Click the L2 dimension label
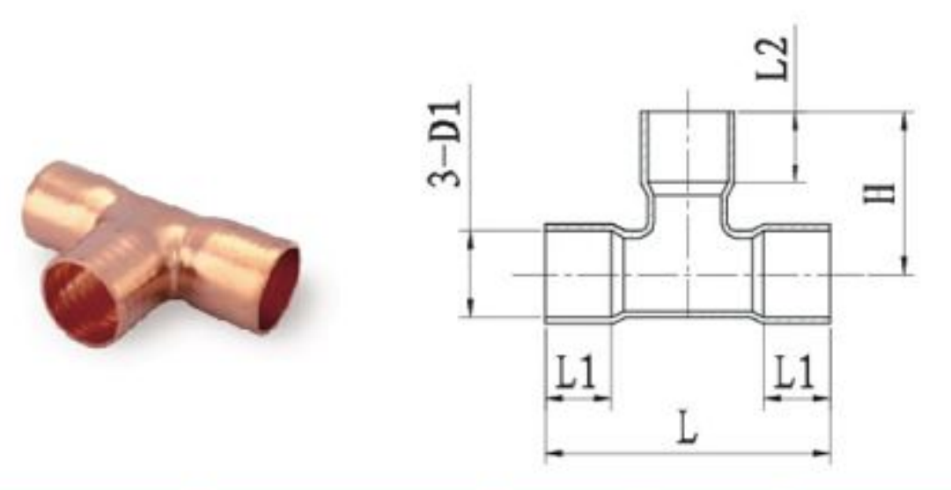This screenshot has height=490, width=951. point(772,58)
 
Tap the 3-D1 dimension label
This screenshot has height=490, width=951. point(445,144)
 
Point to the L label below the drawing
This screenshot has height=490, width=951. point(687,427)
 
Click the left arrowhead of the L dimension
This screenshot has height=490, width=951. point(555,453)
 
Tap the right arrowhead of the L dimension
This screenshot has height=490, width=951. point(822,453)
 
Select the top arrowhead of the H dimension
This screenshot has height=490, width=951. point(904,122)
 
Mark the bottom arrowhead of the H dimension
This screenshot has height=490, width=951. point(904,264)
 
